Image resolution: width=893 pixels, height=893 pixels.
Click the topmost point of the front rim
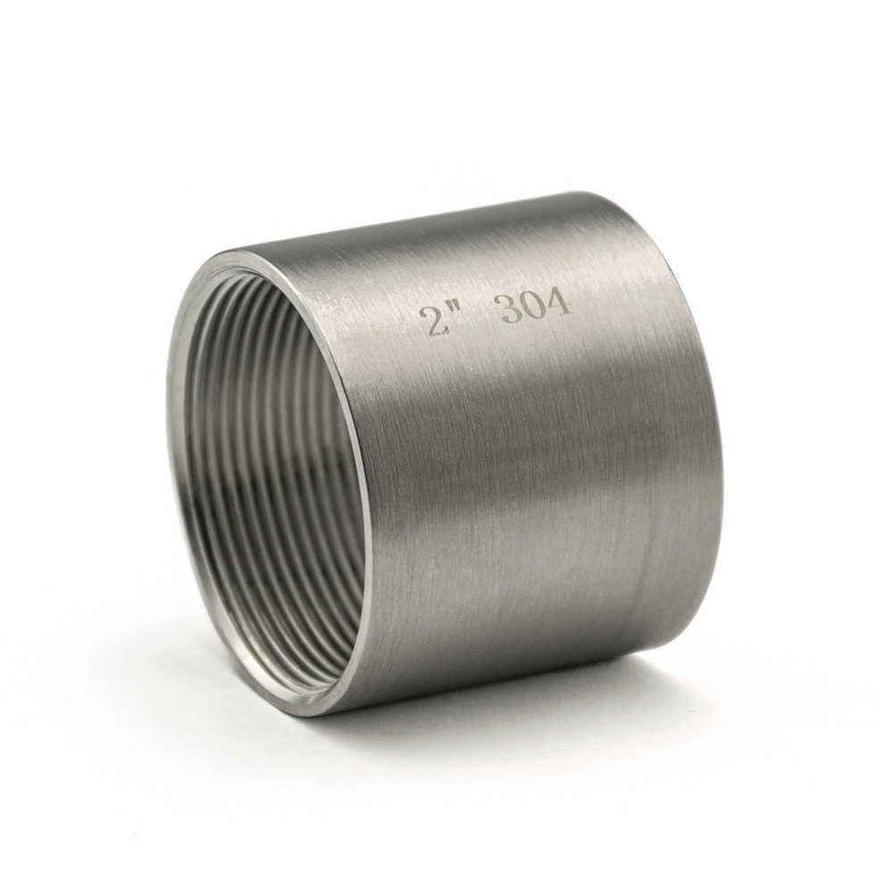(245, 250)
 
